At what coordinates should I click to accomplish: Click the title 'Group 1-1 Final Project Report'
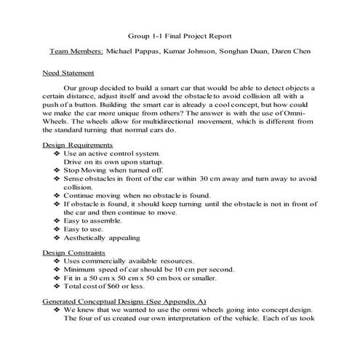click(x=181, y=34)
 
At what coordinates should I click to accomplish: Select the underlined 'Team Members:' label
click(x=76, y=52)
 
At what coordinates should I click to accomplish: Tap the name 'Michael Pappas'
click(x=135, y=52)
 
